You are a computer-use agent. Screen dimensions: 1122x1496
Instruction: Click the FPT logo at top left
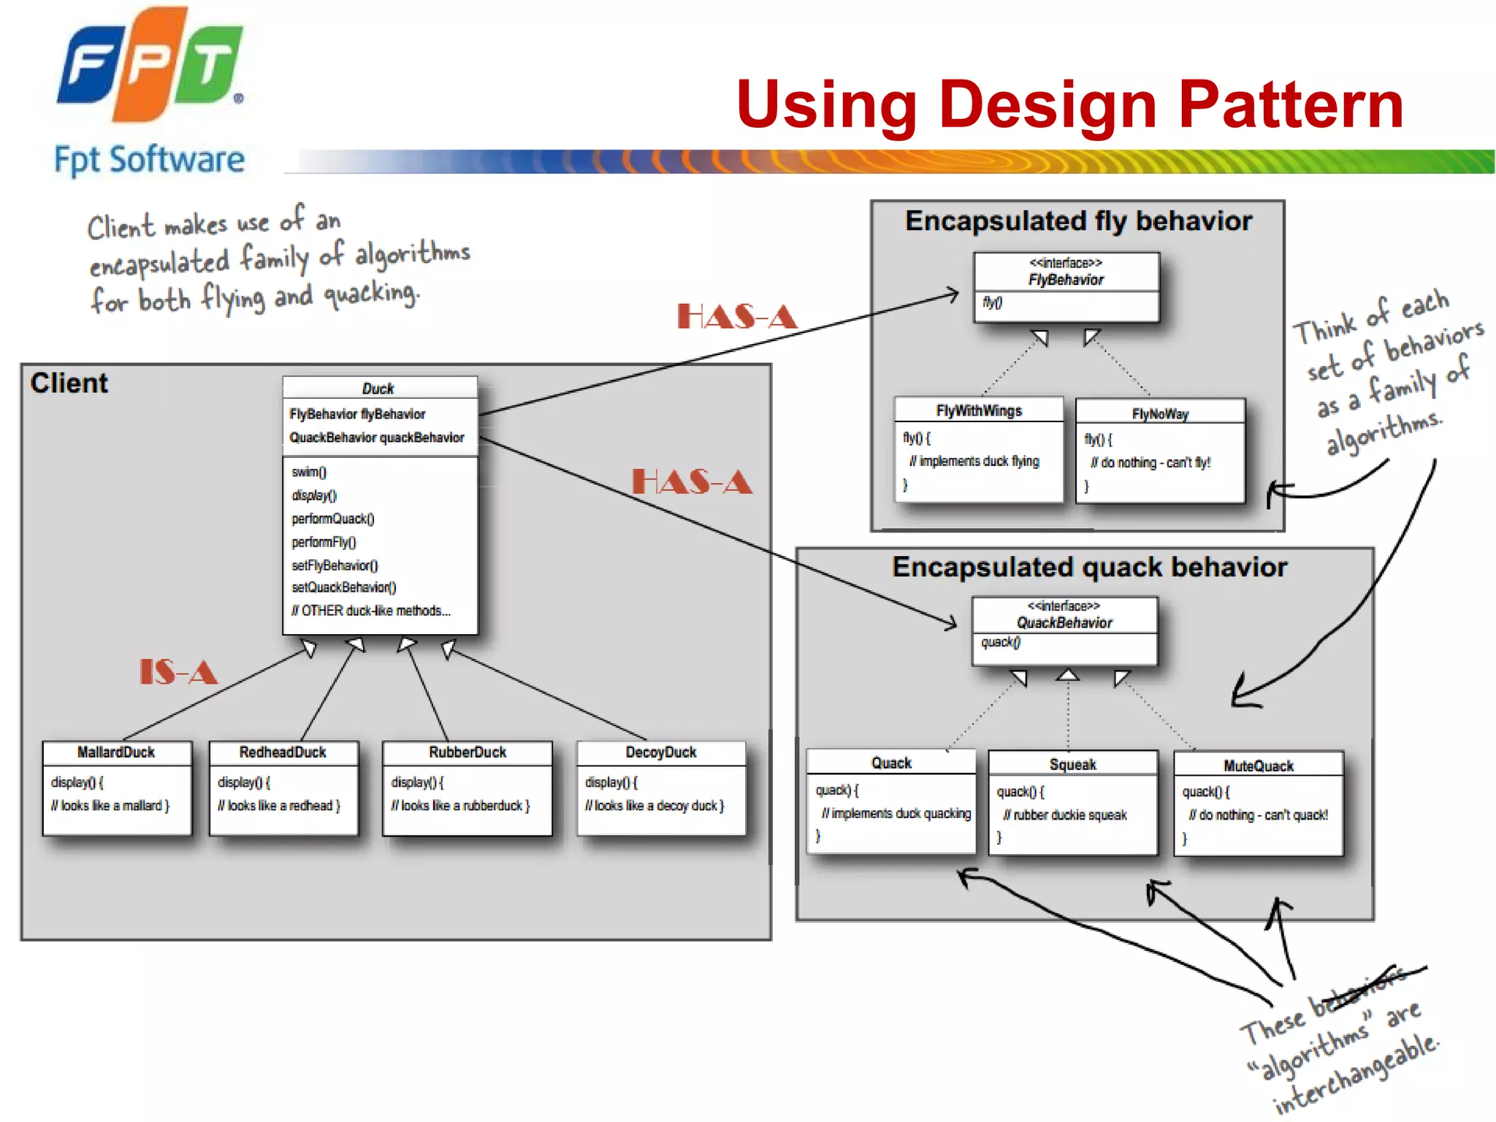click(x=150, y=66)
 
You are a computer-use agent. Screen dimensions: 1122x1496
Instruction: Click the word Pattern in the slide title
click(x=1290, y=105)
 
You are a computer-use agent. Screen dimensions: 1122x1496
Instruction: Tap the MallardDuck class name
click(x=116, y=752)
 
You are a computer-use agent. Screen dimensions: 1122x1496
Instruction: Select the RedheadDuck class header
click(x=283, y=752)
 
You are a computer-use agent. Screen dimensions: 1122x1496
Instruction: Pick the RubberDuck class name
click(x=467, y=752)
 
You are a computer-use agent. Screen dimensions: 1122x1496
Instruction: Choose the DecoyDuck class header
click(x=661, y=752)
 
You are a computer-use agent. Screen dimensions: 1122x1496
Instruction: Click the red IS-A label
click(x=178, y=672)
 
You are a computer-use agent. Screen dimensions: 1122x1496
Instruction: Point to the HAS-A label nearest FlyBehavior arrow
click(x=736, y=317)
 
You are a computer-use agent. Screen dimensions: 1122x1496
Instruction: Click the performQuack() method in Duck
click(x=333, y=519)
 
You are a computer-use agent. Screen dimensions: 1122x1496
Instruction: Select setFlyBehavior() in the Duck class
click(x=335, y=565)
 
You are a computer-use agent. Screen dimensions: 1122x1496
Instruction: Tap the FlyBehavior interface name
click(x=1066, y=280)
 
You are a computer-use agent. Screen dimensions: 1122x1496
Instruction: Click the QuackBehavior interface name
click(x=1064, y=623)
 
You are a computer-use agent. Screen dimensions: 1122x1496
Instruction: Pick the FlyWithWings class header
click(x=979, y=411)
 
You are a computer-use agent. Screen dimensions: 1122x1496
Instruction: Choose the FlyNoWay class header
click(x=1160, y=414)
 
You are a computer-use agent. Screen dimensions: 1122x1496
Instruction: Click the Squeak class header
click(x=1072, y=765)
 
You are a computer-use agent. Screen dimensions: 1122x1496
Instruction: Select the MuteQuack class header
click(x=1259, y=766)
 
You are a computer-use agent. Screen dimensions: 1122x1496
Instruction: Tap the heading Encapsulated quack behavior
click(x=1089, y=568)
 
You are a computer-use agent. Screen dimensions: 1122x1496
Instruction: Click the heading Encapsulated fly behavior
click(x=1078, y=221)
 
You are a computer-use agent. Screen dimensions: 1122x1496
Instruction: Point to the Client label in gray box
click(x=69, y=383)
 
